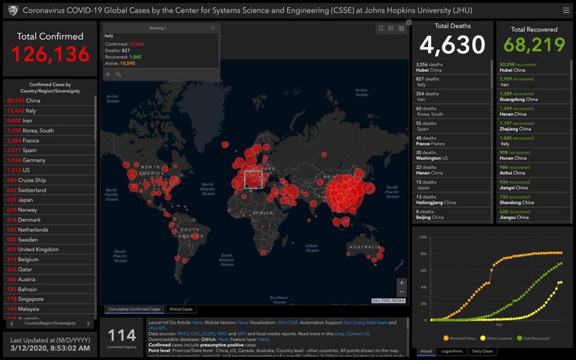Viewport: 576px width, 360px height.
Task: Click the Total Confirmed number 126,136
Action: (x=50, y=54)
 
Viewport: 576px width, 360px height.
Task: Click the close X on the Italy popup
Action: (x=212, y=28)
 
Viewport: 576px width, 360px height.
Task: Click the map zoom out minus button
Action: (x=401, y=292)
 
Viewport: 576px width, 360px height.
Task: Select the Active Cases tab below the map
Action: (x=181, y=309)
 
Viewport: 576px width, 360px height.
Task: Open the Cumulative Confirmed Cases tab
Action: (x=134, y=309)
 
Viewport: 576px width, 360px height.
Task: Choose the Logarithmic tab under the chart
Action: (x=452, y=351)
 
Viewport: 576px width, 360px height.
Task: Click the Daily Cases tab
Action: (x=482, y=351)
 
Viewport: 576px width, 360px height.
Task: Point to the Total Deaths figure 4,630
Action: (x=452, y=45)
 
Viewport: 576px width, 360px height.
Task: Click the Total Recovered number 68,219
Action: (x=534, y=45)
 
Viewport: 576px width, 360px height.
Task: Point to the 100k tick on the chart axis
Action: (x=423, y=237)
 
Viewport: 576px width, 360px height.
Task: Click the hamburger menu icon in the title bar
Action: (x=566, y=10)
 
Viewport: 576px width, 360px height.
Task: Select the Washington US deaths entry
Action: (x=432, y=155)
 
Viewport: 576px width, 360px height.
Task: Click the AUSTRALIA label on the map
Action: (x=365, y=247)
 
